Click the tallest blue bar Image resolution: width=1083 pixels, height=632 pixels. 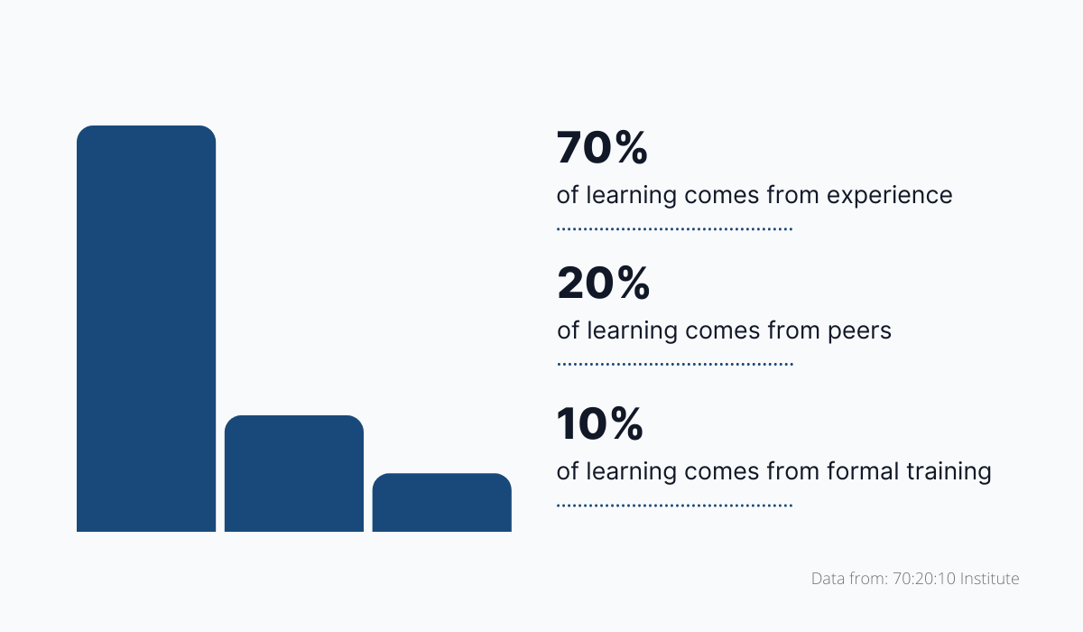[146, 329]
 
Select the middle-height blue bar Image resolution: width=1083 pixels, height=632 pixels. [294, 473]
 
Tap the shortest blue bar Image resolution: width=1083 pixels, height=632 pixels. [442, 502]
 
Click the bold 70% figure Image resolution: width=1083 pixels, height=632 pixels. [602, 149]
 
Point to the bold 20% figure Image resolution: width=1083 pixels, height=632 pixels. [603, 284]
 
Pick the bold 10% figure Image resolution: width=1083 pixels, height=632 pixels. [600, 424]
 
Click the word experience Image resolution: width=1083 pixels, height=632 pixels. [889, 196]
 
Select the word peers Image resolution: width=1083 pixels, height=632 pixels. [859, 331]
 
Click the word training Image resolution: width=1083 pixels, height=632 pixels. [950, 472]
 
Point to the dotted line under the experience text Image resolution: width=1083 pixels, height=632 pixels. [674, 229]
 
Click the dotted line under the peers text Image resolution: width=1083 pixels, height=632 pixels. [674, 365]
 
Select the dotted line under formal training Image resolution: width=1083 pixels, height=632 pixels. [674, 506]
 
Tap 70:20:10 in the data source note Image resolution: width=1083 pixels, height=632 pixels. [921, 579]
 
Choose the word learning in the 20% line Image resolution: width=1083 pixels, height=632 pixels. [631, 331]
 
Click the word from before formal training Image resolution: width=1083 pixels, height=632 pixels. [792, 471]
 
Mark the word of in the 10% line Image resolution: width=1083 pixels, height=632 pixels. [567, 471]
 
